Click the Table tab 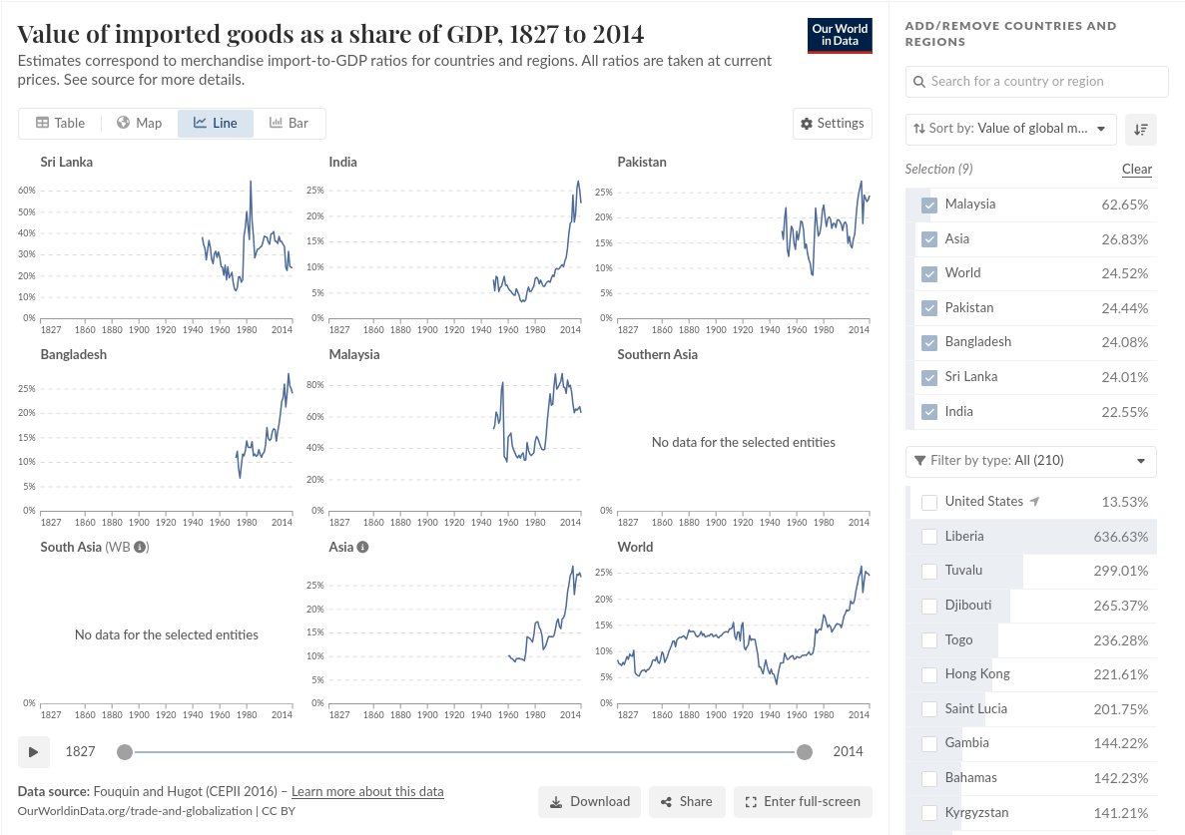coord(60,123)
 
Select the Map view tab coord(139,123)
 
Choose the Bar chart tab coord(289,123)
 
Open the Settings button coord(832,123)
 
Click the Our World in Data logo coord(839,35)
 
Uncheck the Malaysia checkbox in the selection coord(929,205)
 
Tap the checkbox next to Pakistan coord(929,308)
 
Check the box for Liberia coord(929,537)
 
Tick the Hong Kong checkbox coord(929,674)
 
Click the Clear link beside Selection coord(1136,169)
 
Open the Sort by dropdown coord(1010,128)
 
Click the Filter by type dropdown coord(1030,461)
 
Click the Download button coord(589,801)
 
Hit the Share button coord(685,801)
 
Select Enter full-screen coord(803,801)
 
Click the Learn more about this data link coord(367,791)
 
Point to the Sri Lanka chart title coord(67,162)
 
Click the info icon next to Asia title coord(362,547)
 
